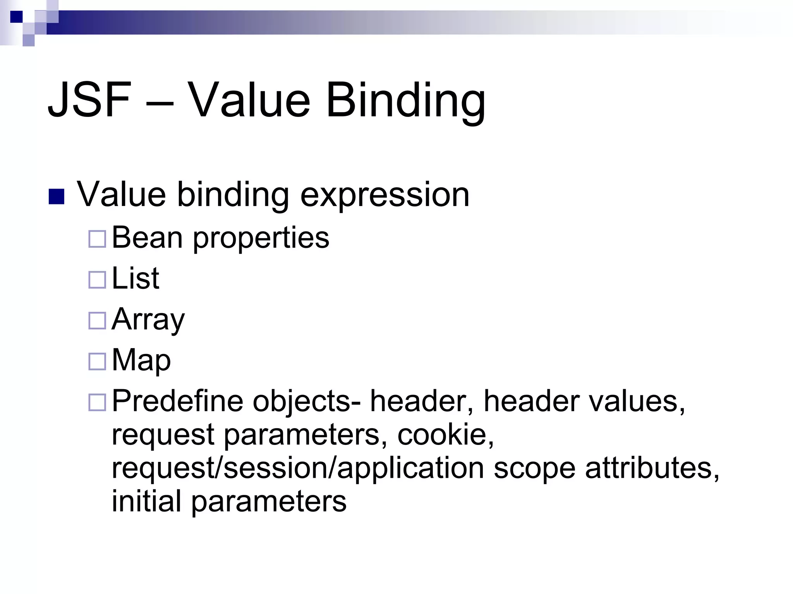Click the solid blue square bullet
(x=57, y=196)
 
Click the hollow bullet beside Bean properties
(x=97, y=239)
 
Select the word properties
(x=261, y=239)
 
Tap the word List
(x=135, y=278)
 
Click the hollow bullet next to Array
(x=97, y=321)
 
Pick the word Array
(x=148, y=320)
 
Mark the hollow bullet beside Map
(x=97, y=361)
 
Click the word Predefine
(x=177, y=401)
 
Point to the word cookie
(x=445, y=434)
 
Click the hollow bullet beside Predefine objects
(x=97, y=402)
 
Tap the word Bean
(x=147, y=238)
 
